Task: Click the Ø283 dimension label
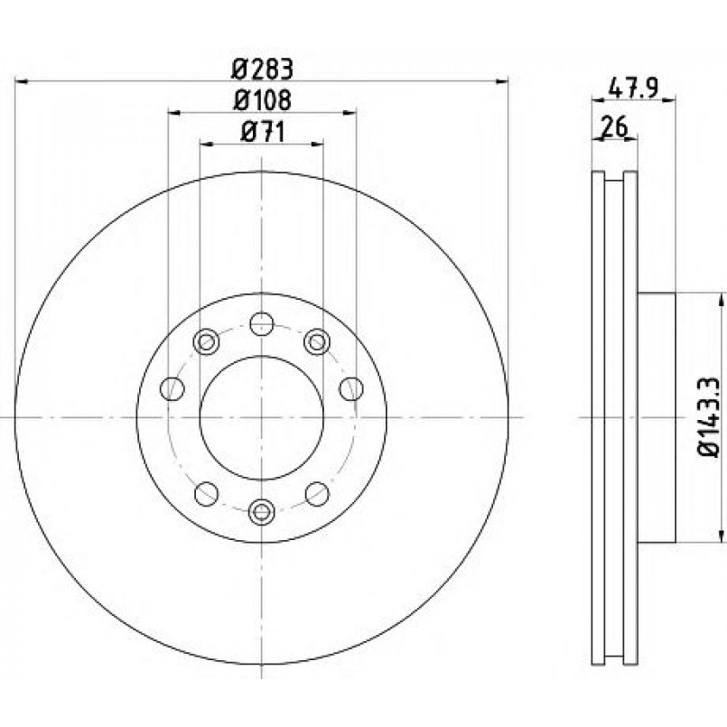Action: tap(263, 70)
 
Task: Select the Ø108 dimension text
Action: tap(263, 100)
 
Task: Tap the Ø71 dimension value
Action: tap(263, 133)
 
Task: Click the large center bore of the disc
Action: tap(262, 418)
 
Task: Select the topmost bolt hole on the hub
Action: tap(262, 323)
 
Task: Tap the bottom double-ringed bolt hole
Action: tap(262, 511)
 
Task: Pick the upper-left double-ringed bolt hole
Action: tap(206, 342)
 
